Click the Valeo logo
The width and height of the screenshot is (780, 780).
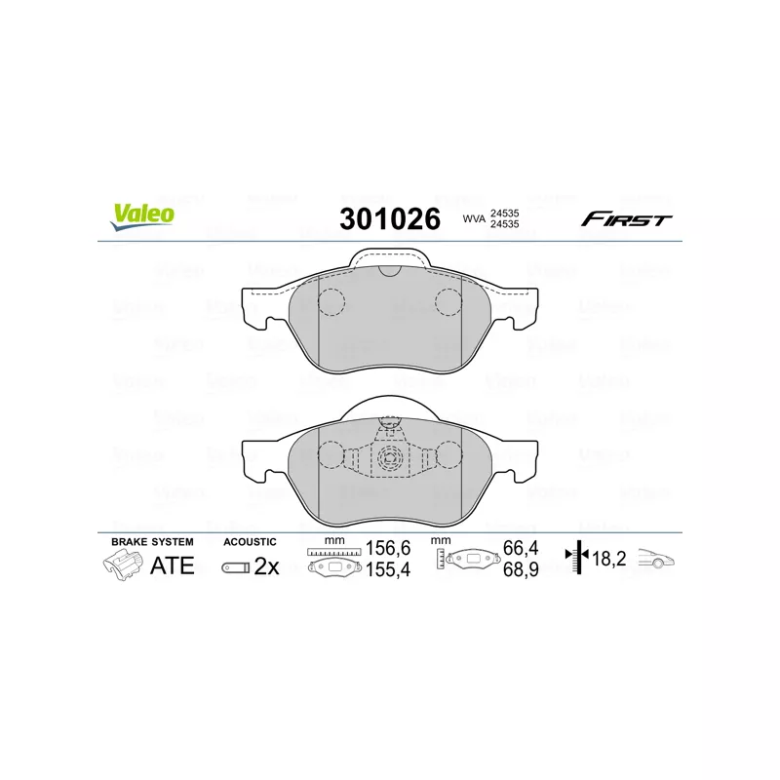(142, 217)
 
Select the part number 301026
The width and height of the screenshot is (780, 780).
(390, 218)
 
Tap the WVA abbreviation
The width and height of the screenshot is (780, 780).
(474, 218)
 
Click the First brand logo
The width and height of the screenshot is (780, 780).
(626, 218)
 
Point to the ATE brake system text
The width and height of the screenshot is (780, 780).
(173, 565)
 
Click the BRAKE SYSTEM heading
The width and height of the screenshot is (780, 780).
(152, 542)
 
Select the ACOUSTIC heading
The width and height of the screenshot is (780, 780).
(250, 542)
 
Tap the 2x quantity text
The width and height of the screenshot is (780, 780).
(266, 566)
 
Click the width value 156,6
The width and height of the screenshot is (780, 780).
(388, 548)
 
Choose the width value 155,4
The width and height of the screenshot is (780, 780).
(388, 569)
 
